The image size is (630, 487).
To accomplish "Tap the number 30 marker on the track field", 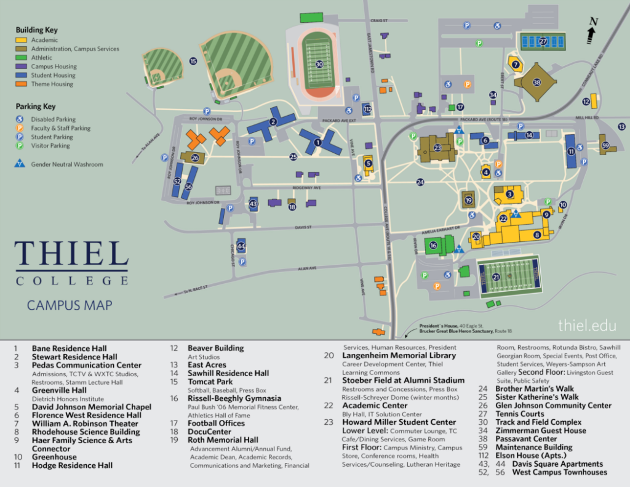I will (x=319, y=64).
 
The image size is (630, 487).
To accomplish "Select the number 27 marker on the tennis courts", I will (x=543, y=42).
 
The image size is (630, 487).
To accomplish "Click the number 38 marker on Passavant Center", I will (x=536, y=83).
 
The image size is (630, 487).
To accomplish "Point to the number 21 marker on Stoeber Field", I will (x=496, y=277).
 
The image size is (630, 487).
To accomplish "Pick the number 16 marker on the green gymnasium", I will (x=433, y=246).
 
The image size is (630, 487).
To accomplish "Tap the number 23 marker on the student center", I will (x=437, y=148).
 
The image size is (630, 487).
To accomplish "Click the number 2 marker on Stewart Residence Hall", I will (x=273, y=121).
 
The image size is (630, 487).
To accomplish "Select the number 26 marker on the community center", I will (x=195, y=158).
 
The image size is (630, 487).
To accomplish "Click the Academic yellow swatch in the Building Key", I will (x=22, y=40).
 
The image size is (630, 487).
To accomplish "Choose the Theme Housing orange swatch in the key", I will (x=22, y=84).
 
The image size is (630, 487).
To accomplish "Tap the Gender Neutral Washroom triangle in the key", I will (x=22, y=164).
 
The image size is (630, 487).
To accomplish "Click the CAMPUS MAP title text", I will (x=70, y=305).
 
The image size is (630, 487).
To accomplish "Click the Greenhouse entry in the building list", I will (x=54, y=457).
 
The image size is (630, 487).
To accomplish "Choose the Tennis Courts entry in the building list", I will (x=520, y=414).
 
